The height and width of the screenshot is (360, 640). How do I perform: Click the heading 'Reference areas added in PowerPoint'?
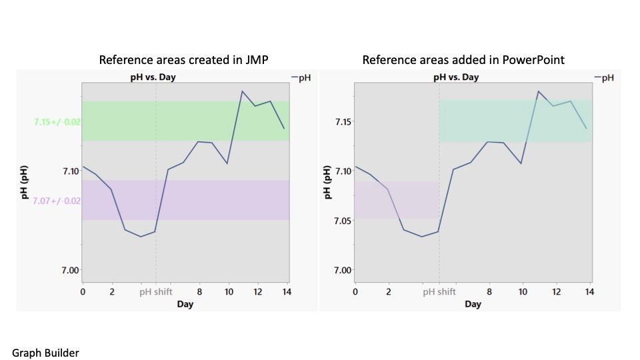pyautogui.click(x=463, y=60)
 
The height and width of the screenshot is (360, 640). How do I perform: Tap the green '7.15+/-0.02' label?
pyautogui.click(x=57, y=122)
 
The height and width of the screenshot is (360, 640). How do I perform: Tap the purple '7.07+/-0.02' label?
pyautogui.click(x=57, y=201)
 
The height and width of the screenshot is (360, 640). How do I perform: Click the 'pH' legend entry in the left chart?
pyautogui.click(x=301, y=78)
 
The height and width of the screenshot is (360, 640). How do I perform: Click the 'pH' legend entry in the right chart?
pyautogui.click(x=604, y=78)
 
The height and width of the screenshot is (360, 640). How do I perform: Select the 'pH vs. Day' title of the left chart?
pyautogui.click(x=153, y=77)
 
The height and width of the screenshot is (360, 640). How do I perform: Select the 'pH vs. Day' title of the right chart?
pyautogui.click(x=456, y=77)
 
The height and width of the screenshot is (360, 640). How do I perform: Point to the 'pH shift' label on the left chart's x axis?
pyautogui.click(x=156, y=291)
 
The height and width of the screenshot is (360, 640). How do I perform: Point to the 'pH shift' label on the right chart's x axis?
pyautogui.click(x=440, y=291)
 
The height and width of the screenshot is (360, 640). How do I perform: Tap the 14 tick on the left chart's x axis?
pyautogui.click(x=287, y=291)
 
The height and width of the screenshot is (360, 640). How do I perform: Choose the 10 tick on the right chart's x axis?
pyautogui.click(x=523, y=291)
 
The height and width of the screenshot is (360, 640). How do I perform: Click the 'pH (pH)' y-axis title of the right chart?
pyautogui.click(x=327, y=184)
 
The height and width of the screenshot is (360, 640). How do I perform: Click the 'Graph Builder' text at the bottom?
pyautogui.click(x=45, y=353)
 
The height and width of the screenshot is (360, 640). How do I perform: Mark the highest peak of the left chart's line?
pyautogui.click(x=243, y=91)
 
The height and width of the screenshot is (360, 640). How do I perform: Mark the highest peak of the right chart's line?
pyautogui.click(x=538, y=91)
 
